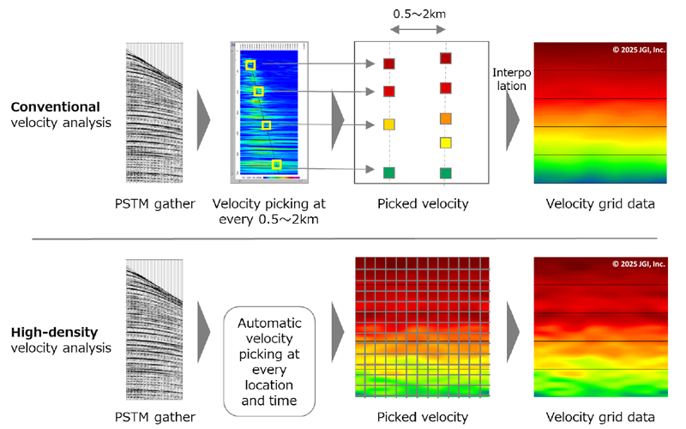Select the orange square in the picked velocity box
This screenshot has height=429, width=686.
445,118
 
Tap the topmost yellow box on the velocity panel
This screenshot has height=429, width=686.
250,65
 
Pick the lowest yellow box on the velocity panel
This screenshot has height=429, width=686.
276,164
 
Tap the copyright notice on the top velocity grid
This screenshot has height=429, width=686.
638,50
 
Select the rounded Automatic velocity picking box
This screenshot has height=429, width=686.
270,350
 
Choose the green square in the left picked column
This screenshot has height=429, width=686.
389,172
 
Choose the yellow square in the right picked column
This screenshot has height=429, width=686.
445,142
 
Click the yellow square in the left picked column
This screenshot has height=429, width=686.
389,124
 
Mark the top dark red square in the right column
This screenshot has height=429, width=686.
445,58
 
